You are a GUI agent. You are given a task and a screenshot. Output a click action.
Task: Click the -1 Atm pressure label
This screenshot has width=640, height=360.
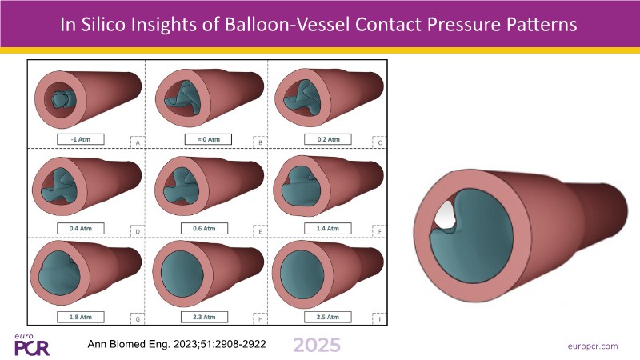pyautogui.click(x=81, y=139)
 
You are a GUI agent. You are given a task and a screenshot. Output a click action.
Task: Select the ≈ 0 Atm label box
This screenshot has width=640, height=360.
pyautogui.click(x=208, y=139)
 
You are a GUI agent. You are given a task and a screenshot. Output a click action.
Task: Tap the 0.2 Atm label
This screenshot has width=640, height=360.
pyautogui.click(x=328, y=139)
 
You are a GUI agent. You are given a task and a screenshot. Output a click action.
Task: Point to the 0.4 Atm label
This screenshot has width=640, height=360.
pyautogui.click(x=81, y=228)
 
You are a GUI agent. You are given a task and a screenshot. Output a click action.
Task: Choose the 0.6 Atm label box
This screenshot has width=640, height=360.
pyautogui.click(x=204, y=228)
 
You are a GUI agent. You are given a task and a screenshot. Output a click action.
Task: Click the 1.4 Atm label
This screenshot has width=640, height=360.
pyautogui.click(x=328, y=228)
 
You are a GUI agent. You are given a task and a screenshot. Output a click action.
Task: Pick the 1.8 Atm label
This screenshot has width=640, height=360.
pyautogui.click(x=81, y=317)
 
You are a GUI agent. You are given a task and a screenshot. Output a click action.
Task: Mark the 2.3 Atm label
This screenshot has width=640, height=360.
pyautogui.click(x=204, y=317)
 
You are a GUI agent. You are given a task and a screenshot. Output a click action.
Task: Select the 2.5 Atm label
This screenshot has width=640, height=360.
pyautogui.click(x=328, y=317)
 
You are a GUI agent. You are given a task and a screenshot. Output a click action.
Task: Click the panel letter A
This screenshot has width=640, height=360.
pyautogui.click(x=138, y=143)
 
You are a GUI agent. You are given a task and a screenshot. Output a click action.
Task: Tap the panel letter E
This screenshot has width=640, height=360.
pyautogui.click(x=261, y=232)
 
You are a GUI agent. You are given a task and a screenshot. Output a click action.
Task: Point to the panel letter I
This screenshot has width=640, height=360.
pyautogui.click(x=379, y=319)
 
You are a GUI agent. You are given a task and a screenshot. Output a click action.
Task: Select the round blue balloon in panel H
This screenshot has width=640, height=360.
pyautogui.click(x=182, y=274)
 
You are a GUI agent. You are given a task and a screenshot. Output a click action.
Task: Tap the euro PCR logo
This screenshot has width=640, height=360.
pyautogui.click(x=32, y=346)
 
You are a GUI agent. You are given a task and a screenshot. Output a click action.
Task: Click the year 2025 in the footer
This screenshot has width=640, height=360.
pyautogui.click(x=317, y=345)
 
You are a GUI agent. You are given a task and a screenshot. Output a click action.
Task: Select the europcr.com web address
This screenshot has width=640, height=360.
pyautogui.click(x=593, y=346)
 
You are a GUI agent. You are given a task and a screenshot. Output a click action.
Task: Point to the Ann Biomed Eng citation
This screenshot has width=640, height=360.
pyautogui.click(x=177, y=344)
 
